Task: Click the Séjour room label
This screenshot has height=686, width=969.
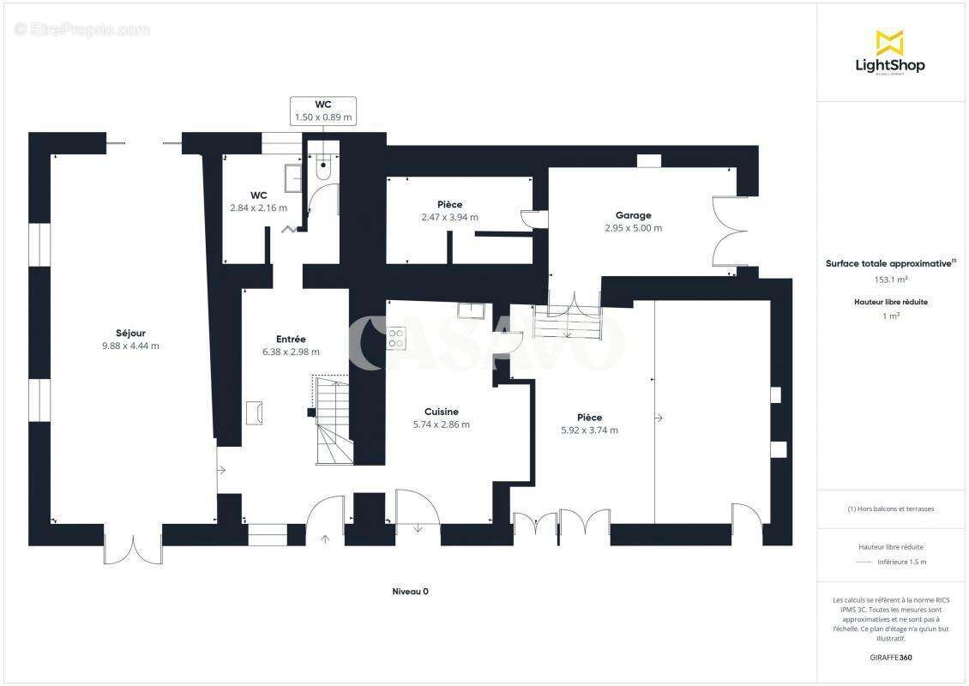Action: pos(130,333)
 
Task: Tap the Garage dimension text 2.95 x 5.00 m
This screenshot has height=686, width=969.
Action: pos(633,228)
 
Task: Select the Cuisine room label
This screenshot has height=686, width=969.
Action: pos(442,412)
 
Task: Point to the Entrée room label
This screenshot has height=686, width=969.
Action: pos(291,339)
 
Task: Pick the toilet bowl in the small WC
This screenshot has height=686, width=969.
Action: pos(323,168)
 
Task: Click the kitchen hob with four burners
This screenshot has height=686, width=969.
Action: pos(396,338)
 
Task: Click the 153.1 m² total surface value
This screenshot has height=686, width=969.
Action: pos(890,280)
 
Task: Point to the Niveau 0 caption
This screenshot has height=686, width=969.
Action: pos(410,592)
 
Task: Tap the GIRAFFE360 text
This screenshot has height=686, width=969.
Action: pos(890,658)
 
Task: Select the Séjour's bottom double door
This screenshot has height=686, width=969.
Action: pos(133,549)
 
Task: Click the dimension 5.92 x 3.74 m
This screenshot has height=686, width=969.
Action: pos(589,430)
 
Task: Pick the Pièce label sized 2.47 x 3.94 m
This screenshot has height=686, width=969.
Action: pos(449,204)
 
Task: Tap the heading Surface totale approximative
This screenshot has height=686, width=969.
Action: pos(888,264)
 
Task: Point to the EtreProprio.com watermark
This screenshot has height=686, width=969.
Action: pos(82,29)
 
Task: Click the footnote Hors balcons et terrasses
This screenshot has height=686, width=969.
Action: pos(890,508)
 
